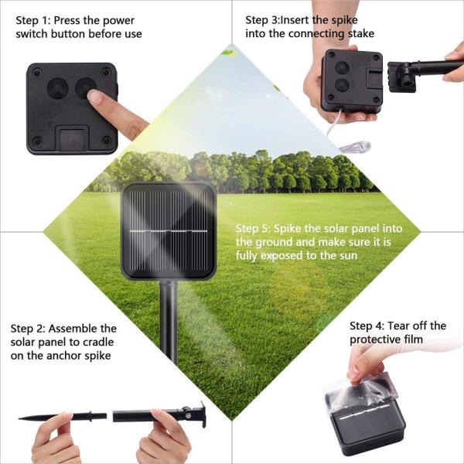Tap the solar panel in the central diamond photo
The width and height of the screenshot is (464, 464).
[168, 230]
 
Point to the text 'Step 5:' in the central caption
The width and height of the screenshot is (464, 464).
[254, 229]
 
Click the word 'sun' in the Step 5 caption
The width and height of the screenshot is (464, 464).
[347, 255]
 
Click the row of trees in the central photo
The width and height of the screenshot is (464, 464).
[232, 172]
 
